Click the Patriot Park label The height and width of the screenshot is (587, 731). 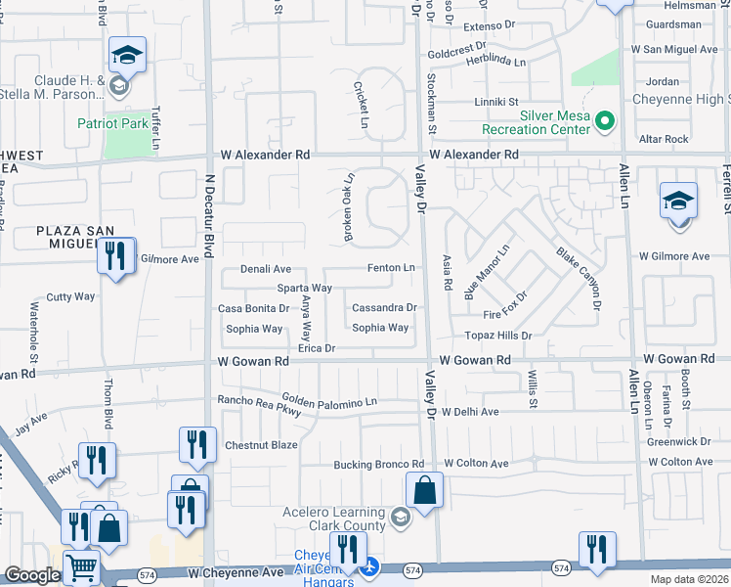click(113, 123)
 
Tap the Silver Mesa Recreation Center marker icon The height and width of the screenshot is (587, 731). click(605, 122)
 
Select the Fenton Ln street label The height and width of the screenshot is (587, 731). click(392, 267)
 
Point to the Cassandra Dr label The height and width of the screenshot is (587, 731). click(384, 307)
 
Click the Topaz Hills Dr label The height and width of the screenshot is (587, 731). click(498, 335)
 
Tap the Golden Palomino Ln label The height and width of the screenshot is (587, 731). click(329, 400)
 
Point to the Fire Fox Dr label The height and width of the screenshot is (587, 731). click(505, 304)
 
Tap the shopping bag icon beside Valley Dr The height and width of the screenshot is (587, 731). click(425, 491)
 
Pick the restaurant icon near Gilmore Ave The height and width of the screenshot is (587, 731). click(116, 257)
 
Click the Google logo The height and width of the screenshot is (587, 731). click(32, 575)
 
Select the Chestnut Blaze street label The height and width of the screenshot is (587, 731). click(261, 445)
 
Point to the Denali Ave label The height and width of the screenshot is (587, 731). click(267, 269)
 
